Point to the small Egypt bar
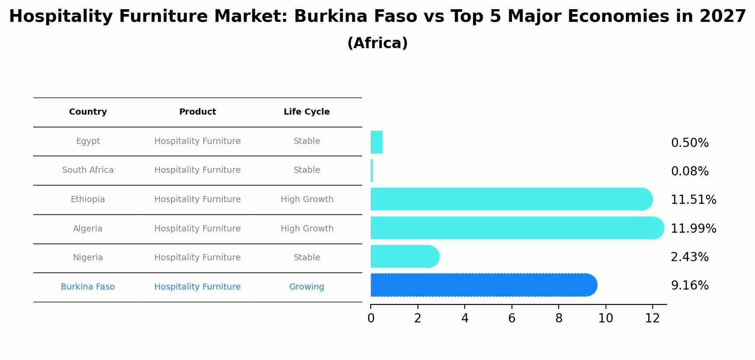[376, 143]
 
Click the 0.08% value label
[689, 171]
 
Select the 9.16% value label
[689, 286]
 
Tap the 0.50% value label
[689, 143]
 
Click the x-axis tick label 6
[511, 318]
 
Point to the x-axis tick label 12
[652, 318]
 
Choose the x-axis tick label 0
[371, 318]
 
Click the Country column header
[88, 112]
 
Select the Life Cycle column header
[306, 112]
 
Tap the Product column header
[198, 112]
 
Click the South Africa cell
[88, 170]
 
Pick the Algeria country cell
[88, 229]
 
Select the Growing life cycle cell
[306, 287]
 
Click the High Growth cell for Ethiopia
[307, 199]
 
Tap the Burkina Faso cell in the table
[88, 287]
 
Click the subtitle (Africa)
[377, 43]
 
